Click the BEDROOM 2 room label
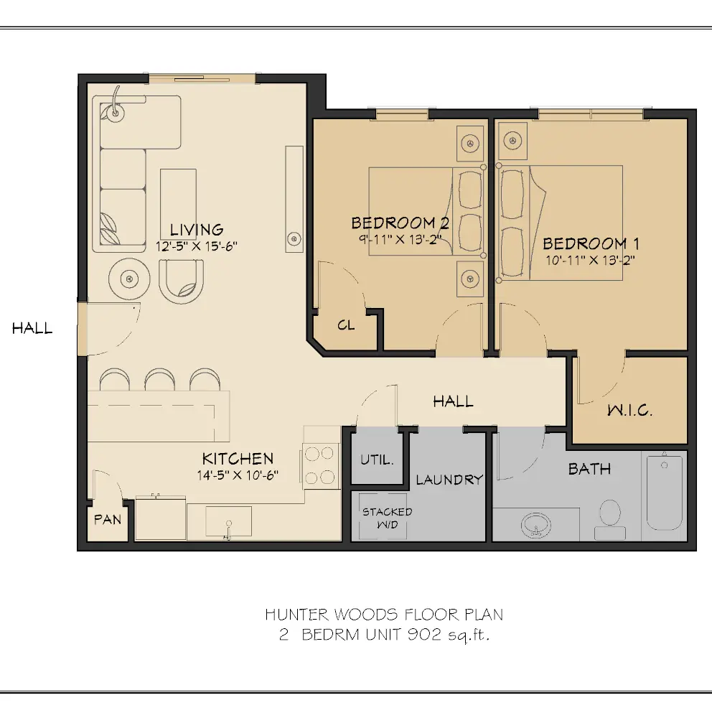tap(400, 223)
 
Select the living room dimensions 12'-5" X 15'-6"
tap(197, 246)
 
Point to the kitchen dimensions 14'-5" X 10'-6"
tap(237, 475)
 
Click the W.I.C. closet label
tap(629, 411)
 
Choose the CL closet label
tap(346, 325)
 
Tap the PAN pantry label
tap(108, 519)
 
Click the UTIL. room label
tap(377, 460)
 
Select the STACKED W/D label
tap(387, 517)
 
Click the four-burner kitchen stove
tap(321, 465)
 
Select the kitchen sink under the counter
tap(228, 521)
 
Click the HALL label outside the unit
tap(32, 329)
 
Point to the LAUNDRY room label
tap(449, 480)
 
